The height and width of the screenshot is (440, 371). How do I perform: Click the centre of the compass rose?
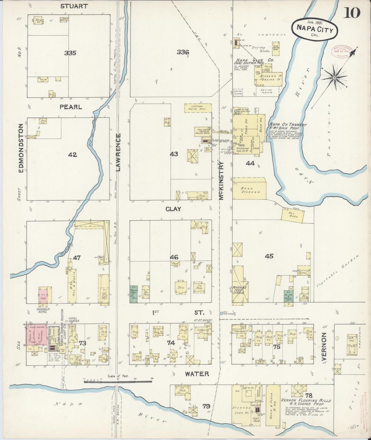335,77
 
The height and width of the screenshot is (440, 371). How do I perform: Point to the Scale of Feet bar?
118,382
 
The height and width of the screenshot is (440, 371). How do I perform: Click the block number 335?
70,53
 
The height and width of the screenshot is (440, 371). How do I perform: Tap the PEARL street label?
71,107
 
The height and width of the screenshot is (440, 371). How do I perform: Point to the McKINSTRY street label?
222,180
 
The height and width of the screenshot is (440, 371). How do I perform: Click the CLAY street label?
173,209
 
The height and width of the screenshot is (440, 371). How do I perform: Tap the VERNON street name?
324,346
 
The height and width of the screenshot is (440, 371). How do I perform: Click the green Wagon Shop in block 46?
134,294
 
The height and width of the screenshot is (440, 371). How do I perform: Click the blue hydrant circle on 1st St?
221,313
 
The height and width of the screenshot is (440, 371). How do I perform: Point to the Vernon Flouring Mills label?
306,400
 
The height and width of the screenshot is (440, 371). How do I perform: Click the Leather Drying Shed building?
198,108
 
